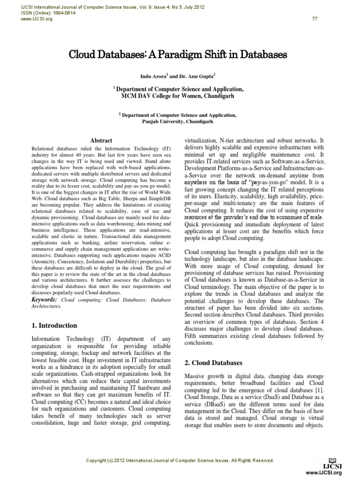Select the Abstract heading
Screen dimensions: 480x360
pos(101,140)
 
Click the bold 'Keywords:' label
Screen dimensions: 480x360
pos(45,299)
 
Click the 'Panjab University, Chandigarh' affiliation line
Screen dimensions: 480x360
pos(178,121)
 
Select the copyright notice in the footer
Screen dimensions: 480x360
pos(180,461)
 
